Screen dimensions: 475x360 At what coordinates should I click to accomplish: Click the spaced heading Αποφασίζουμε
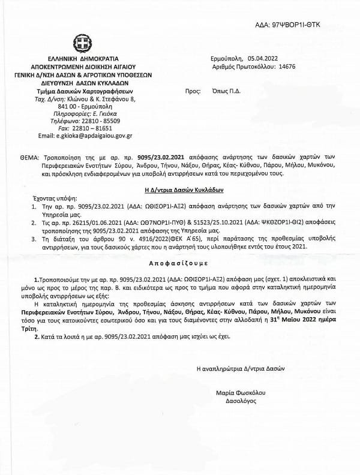pos(179,247)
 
